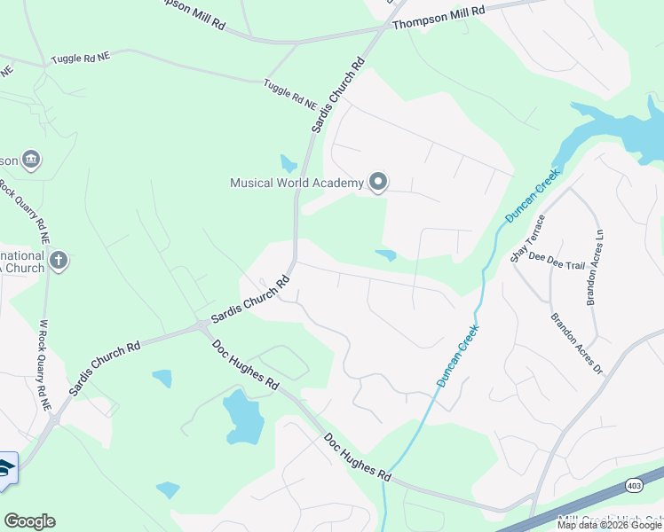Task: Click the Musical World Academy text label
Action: coord(296,184)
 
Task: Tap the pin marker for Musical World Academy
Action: coord(378,183)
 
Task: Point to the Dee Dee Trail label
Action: coord(557,254)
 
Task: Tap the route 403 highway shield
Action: coord(633,485)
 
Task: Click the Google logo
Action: coord(29,521)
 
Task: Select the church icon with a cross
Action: coord(58,261)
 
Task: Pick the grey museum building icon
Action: coord(31,160)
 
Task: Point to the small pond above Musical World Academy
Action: coord(289,163)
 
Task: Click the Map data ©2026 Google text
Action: coord(609,525)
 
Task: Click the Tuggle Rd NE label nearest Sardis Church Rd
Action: coord(289,94)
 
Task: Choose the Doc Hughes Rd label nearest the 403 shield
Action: coord(357,457)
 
